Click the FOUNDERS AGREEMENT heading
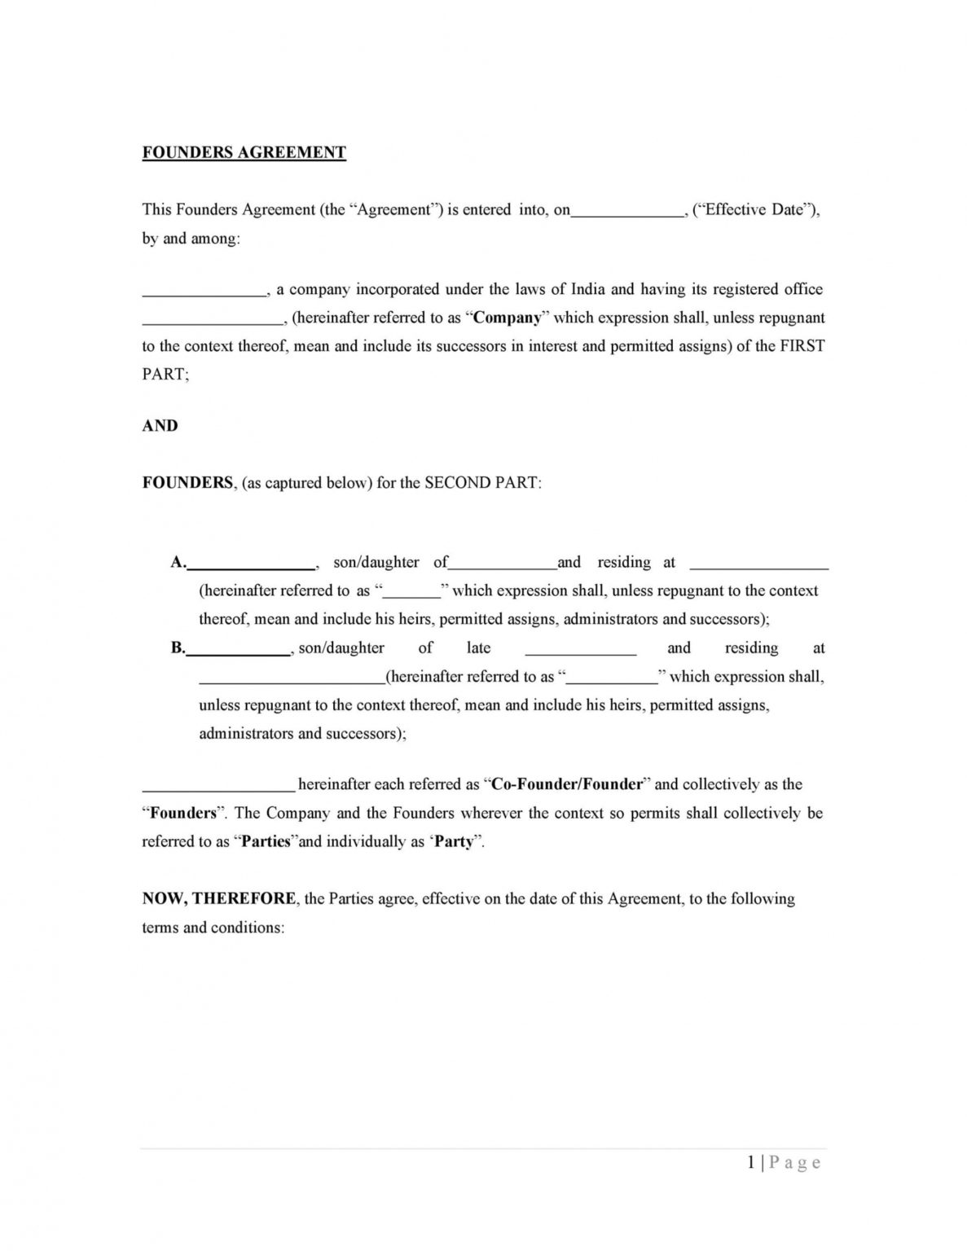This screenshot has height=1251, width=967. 244,152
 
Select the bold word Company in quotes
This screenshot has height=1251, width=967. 507,318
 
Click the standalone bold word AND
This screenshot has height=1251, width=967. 160,425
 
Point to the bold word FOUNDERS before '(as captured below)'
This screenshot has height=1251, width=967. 188,482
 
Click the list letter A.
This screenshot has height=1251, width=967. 178,562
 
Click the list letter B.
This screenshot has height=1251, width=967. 178,647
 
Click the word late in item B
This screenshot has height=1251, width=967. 478,647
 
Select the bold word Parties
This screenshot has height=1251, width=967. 266,841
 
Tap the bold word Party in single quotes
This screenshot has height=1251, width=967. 454,841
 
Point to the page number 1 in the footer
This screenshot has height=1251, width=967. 750,1163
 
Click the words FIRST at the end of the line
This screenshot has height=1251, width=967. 802,345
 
